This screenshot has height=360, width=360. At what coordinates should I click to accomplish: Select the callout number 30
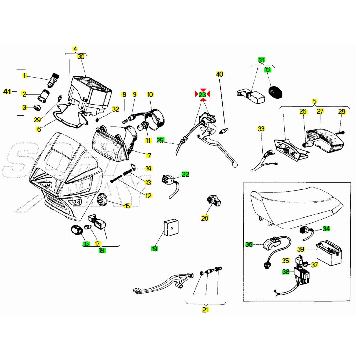(x=81, y=57)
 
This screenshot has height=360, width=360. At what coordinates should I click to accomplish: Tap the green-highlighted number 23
(x=203, y=95)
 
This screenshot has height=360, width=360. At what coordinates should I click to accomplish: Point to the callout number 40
(x=220, y=74)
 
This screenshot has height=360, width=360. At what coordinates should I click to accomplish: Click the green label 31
(x=262, y=60)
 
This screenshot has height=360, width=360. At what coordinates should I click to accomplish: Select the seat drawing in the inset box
(x=295, y=209)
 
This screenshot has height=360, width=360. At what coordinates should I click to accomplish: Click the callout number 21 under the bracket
(x=205, y=310)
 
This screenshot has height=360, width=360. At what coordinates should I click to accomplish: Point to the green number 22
(x=185, y=174)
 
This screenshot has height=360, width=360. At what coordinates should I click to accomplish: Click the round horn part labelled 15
(x=103, y=199)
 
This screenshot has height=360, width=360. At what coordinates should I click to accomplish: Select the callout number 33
(x=261, y=129)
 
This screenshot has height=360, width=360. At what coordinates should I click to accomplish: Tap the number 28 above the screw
(x=342, y=112)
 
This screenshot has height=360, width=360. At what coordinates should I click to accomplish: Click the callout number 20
(x=205, y=218)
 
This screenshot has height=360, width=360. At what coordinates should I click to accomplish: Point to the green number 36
(x=249, y=244)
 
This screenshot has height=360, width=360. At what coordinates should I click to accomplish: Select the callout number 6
(x=39, y=129)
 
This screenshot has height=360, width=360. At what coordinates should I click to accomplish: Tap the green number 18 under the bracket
(x=101, y=251)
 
